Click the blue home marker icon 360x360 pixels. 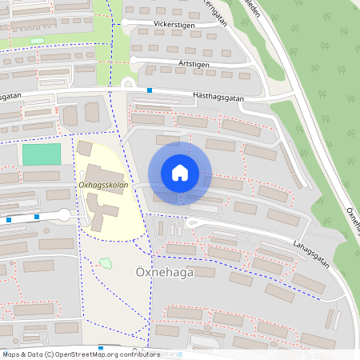tap(180, 173)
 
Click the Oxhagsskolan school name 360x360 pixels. tap(103, 185)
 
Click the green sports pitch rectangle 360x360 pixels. tap(42, 155)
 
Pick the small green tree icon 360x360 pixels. tap(104, 262)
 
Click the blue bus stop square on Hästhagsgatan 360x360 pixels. tap(150, 90)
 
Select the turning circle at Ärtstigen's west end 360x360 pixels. tap(135, 59)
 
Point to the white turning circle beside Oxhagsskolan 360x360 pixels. tap(64, 214)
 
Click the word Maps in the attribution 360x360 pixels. tap(12, 354)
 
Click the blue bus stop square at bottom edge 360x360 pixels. tap(101, 348)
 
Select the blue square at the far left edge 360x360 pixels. tap(8, 219)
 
